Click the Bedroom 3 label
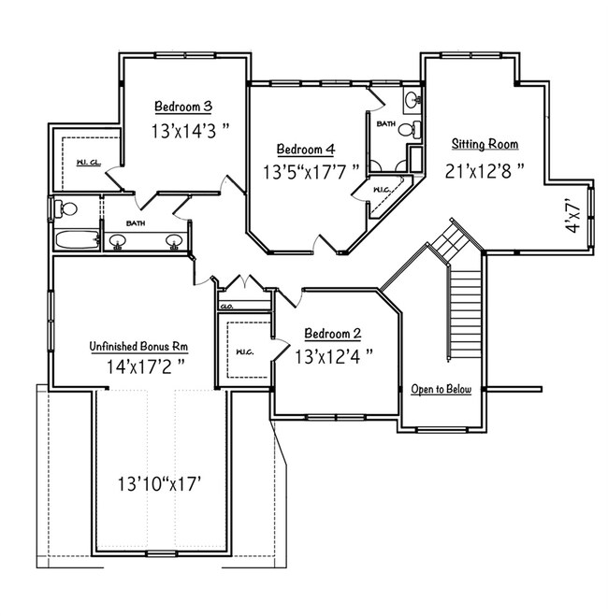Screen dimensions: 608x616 [x=183, y=107]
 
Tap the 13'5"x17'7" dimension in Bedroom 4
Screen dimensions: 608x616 [x=311, y=172]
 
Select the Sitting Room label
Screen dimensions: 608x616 [x=485, y=144]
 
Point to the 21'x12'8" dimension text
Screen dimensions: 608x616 [x=485, y=171]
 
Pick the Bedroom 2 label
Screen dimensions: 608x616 [x=332, y=334]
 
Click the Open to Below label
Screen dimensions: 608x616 [x=441, y=389]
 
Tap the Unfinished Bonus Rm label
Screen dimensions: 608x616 [x=138, y=347]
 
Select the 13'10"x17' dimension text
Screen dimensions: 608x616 [x=160, y=483]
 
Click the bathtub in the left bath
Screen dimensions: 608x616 [x=77, y=239]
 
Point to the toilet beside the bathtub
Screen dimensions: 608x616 [x=65, y=208]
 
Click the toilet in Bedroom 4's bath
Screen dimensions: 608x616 [x=409, y=129]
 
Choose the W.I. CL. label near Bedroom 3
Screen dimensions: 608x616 [x=89, y=163]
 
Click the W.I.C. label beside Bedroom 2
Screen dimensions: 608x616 [x=244, y=351]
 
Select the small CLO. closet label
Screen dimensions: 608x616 [x=226, y=307]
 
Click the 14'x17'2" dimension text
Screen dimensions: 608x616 [x=146, y=366]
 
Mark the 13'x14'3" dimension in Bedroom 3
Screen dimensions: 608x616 [x=190, y=131]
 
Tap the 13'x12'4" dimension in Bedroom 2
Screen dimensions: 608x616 [x=334, y=357]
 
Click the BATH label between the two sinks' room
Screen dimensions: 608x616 [x=136, y=223]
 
